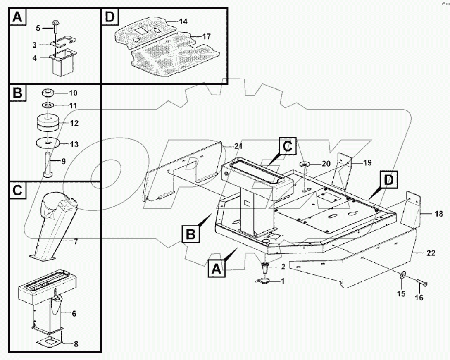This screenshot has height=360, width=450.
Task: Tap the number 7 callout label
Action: [x=75, y=241]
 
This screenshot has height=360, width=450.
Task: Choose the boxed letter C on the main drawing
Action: [x=288, y=146]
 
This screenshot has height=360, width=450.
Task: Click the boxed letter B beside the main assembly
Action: [x=190, y=235]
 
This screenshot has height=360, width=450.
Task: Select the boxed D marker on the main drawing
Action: [x=388, y=180]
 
